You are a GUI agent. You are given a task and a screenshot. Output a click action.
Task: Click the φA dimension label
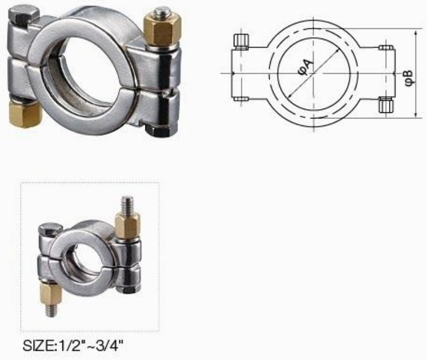[x=306, y=67]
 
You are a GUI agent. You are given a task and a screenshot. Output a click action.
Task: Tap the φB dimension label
[x=409, y=79]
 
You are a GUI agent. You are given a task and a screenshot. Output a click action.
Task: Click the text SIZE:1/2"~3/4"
[x=73, y=345]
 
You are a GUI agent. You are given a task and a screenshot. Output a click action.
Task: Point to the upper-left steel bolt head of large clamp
[x=24, y=16]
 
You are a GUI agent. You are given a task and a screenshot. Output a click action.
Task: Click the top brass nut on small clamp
[x=128, y=225]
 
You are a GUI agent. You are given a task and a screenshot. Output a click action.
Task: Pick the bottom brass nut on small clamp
[x=50, y=293]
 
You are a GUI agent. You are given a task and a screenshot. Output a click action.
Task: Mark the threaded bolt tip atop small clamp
[x=128, y=205]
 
